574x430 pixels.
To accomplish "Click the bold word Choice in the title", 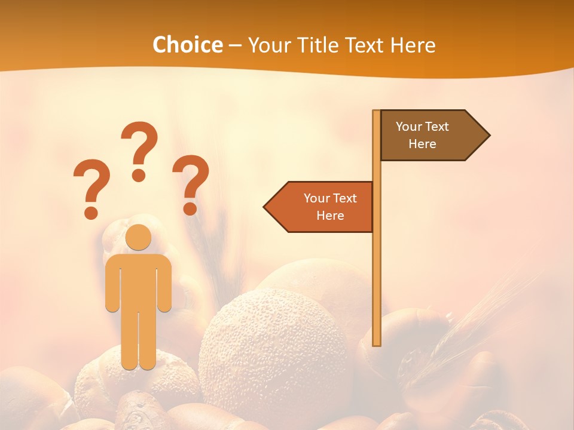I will coord(187,45).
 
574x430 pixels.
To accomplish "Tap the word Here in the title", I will coord(413,45).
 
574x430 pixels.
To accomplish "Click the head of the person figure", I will coord(139,237).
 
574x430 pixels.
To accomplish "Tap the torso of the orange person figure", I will coord(139,281).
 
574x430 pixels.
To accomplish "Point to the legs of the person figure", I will coord(139,340).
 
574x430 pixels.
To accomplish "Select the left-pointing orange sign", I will coord(320,207).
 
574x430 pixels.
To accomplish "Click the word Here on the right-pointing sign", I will coord(422,144).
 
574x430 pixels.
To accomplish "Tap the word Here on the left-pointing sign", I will coord(330,216).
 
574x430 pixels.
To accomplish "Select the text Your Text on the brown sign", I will coord(422,127).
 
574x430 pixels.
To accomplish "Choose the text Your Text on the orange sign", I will coord(330,198).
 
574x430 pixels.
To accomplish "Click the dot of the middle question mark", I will coord(139,175).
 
